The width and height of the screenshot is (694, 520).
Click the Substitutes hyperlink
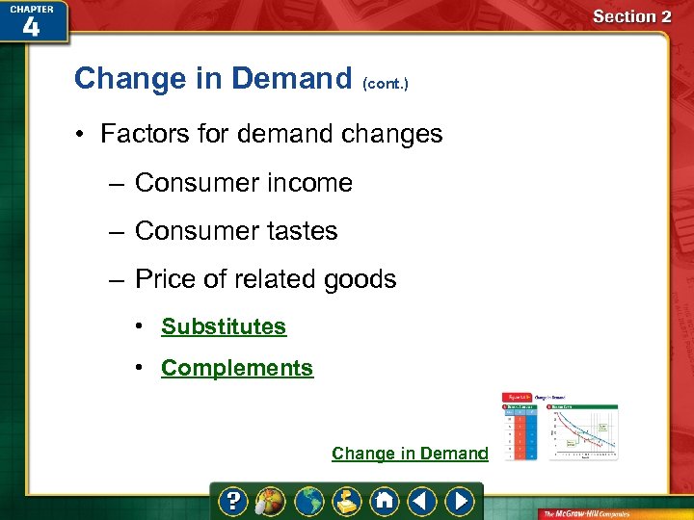click(x=224, y=326)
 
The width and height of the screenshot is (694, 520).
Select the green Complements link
click(x=237, y=368)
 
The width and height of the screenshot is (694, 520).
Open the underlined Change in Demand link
click(x=410, y=454)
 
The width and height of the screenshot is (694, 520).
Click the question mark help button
click(x=232, y=502)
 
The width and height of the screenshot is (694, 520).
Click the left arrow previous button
click(x=421, y=502)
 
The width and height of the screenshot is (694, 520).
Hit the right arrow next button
click(x=461, y=502)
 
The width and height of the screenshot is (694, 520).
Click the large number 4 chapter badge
click(x=31, y=27)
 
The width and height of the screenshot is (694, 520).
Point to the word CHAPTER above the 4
click(x=31, y=9)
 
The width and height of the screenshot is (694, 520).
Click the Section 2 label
click(x=631, y=16)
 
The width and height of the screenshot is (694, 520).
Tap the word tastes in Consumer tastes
click(x=303, y=231)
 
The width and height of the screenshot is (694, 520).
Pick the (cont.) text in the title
click(x=386, y=84)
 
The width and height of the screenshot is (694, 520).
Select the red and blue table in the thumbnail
click(x=520, y=432)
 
